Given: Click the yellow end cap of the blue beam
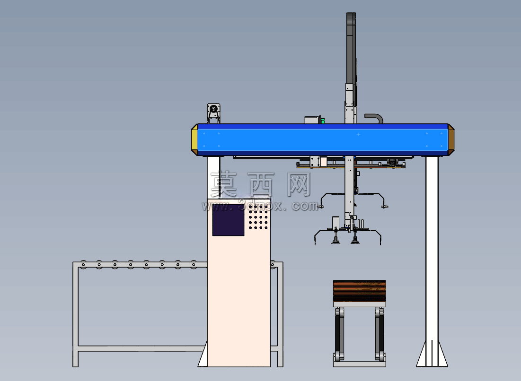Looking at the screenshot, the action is click(x=194, y=140).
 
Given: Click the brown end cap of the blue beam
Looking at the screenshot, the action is click(x=451, y=140).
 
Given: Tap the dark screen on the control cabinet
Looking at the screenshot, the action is click(x=228, y=220).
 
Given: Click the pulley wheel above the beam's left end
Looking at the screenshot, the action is click(x=213, y=109).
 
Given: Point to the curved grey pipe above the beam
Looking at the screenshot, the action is click(x=374, y=118).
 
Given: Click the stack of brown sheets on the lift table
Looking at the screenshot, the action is click(x=360, y=291).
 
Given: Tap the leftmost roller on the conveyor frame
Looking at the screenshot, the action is click(x=83, y=265).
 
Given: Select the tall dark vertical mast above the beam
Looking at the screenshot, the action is click(x=351, y=50).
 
